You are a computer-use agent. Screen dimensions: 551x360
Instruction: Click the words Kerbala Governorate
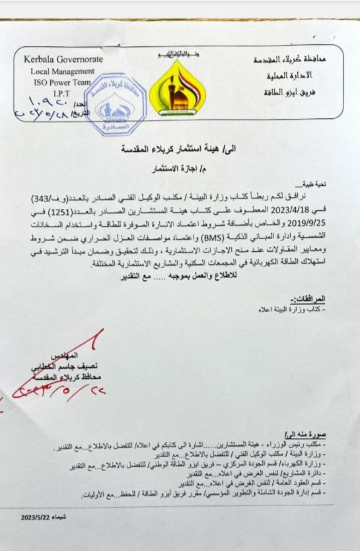[64, 60]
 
